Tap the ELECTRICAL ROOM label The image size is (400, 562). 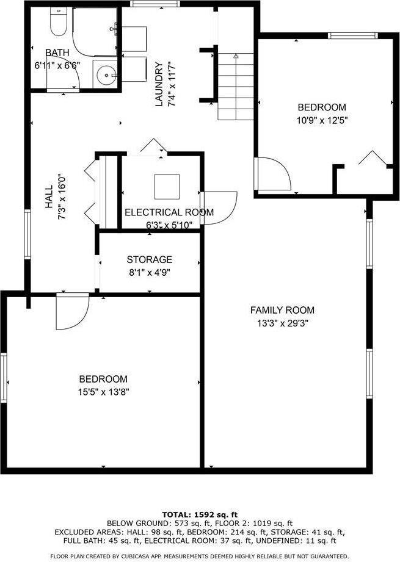point(169,212)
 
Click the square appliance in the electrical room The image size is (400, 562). point(167,186)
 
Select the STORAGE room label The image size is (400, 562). point(150,259)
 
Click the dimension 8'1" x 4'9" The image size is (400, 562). point(150,272)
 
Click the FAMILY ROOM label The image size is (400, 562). point(282,310)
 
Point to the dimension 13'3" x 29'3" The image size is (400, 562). point(282,323)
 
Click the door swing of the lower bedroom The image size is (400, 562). point(71,312)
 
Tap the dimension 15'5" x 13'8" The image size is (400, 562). point(103,391)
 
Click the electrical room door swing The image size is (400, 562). point(220,208)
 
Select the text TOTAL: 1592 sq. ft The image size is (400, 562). point(200,514)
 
